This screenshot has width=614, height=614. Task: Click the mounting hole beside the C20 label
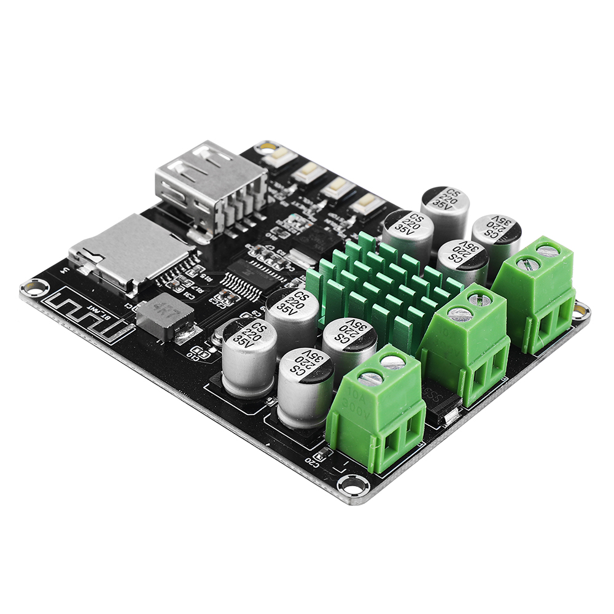pos(351,483)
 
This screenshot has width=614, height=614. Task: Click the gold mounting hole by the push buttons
pos(265,148)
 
